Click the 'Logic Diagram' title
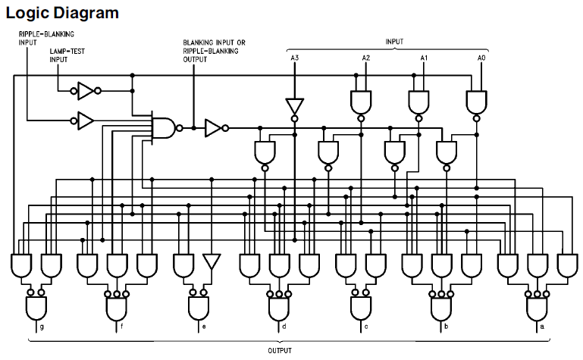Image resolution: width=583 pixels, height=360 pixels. (61, 13)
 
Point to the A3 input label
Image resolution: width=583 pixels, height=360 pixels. (295, 58)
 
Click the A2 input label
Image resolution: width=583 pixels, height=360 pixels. (365, 58)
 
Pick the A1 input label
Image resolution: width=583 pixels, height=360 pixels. (425, 58)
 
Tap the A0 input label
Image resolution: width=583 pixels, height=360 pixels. (481, 58)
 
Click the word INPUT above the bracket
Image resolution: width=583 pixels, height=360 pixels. (394, 42)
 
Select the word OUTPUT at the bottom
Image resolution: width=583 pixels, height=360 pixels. (281, 350)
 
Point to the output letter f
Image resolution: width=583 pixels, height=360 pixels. (121, 326)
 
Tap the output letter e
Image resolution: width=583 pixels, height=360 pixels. (202, 326)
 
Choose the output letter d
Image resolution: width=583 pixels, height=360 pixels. (284, 326)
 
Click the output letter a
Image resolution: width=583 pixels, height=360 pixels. (541, 326)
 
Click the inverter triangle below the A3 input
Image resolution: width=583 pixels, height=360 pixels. (294, 106)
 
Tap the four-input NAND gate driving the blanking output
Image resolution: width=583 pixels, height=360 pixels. (164, 128)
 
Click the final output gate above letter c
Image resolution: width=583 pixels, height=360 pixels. (360, 306)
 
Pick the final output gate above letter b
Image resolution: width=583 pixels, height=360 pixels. (441, 307)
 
